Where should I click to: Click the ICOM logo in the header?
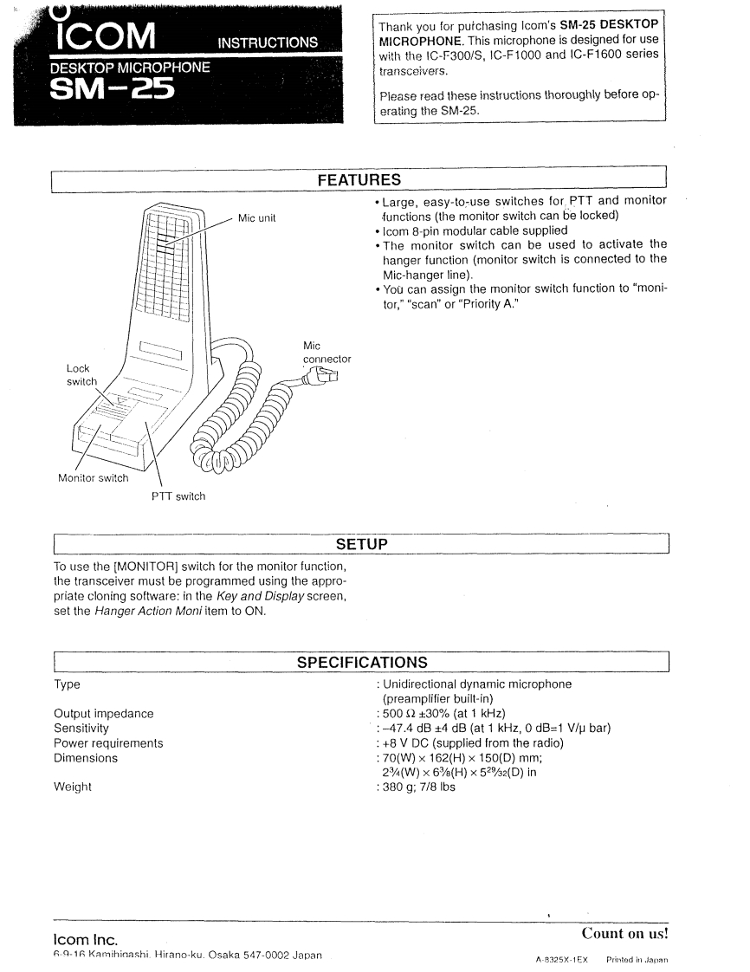coord(104,35)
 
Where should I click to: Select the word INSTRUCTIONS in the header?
coord(268,42)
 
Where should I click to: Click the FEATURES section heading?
coord(359,180)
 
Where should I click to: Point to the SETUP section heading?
coord(361,544)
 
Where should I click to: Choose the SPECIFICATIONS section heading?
coord(361,663)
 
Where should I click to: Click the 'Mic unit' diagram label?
coord(256,218)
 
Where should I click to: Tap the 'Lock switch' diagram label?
coord(81,375)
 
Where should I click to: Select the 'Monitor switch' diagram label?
coord(93,477)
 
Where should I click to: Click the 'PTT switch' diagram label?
coord(179,496)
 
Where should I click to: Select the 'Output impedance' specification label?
coord(103,714)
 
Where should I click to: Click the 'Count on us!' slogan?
coord(625,934)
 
